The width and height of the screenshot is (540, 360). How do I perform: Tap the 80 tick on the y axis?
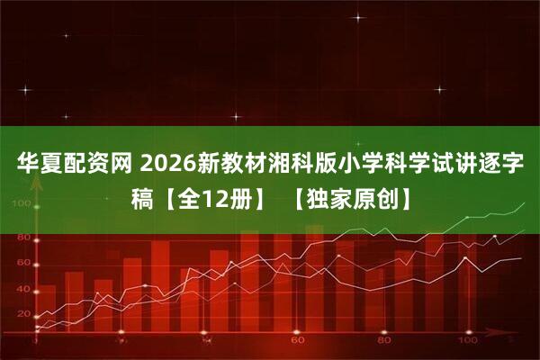tap(22, 237)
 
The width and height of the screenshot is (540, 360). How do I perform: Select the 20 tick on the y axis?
tap(22, 315)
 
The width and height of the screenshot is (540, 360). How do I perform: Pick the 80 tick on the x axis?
tap(384, 343)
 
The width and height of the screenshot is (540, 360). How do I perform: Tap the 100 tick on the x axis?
tap(467, 343)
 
